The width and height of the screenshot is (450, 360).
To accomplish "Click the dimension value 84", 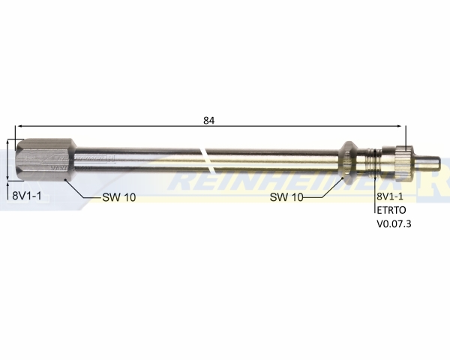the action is point(209,121).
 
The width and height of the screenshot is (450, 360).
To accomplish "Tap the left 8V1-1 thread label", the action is point(27,196).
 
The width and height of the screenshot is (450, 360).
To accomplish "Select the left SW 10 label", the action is point(119,197).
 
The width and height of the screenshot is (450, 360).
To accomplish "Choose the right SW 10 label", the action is point(286,197).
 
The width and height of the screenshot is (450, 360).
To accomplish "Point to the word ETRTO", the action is point(391,210).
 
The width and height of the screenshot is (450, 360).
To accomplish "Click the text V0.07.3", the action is point(394,223).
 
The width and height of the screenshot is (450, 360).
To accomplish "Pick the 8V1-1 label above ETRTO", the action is point(390,196).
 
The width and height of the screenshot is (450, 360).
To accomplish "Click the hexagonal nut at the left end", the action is point(46,160).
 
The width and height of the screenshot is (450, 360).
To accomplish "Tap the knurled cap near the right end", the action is point(404,163).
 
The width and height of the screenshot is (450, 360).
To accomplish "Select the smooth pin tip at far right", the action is point(427,163).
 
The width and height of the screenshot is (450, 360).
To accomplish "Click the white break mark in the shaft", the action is point(209,160).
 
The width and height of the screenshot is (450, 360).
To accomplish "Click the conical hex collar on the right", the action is point(349,163).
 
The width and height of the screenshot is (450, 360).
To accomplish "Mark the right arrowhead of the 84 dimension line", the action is point(398,126).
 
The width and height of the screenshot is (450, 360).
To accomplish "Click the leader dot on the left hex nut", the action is point(66,179).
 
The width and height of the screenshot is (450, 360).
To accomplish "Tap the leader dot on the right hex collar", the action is point(343,178).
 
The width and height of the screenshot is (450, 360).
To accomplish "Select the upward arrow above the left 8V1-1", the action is point(7,190).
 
